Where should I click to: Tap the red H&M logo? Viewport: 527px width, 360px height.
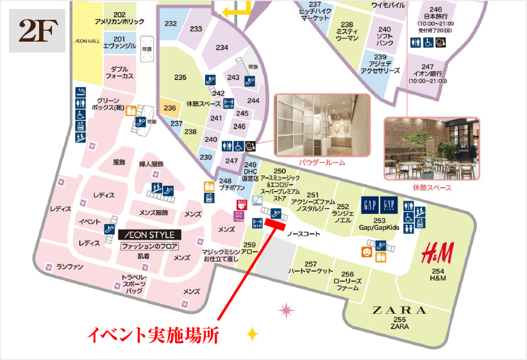[437, 254]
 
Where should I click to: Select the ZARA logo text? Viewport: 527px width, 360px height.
[399, 310]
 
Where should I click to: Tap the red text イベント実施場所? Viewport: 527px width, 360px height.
[154, 334]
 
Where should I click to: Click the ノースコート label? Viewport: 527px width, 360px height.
[303, 234]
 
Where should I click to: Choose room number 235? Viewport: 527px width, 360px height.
[180, 78]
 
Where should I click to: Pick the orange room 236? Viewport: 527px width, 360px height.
[170, 108]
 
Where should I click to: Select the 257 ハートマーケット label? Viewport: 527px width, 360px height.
[311, 268]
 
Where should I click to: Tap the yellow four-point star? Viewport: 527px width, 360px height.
[253, 333]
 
